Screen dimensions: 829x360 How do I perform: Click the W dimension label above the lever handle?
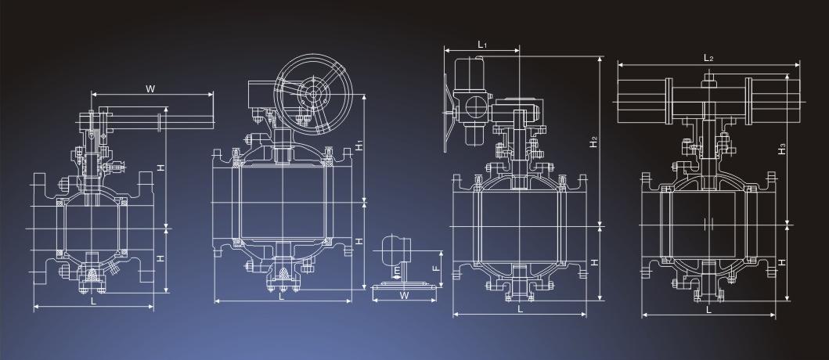(x=150, y=88)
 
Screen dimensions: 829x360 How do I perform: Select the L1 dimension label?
(x=482, y=45)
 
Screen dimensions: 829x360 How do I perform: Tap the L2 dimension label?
(x=708, y=58)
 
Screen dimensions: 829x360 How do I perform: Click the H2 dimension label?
(x=594, y=141)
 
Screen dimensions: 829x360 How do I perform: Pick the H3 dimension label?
(x=782, y=150)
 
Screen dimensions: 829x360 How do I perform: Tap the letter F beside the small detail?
(x=436, y=268)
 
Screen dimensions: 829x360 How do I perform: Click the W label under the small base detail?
(x=405, y=296)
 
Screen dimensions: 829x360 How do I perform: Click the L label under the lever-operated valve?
(x=94, y=301)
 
